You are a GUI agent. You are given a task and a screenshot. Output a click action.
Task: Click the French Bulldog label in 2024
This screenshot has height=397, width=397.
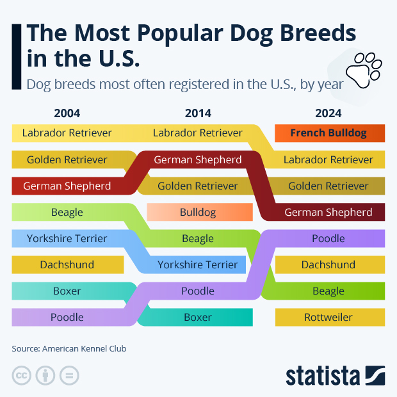[x=328, y=133]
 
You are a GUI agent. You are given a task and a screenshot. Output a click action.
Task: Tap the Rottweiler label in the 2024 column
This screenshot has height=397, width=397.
[x=328, y=317]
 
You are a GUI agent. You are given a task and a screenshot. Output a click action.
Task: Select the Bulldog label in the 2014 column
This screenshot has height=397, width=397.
[x=198, y=212]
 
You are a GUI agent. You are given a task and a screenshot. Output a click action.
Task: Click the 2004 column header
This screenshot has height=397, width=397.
[x=67, y=113]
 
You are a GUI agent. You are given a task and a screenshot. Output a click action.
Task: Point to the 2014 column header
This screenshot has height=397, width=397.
[x=198, y=113]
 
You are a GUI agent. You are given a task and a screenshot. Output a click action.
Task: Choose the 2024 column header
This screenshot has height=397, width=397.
[x=328, y=113]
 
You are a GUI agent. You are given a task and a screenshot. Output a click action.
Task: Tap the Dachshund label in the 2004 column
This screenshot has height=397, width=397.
[x=67, y=264]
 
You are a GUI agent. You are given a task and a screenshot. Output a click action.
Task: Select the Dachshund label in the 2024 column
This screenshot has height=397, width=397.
[x=328, y=264]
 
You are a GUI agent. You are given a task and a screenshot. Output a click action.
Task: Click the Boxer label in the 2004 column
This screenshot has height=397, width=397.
[x=67, y=291]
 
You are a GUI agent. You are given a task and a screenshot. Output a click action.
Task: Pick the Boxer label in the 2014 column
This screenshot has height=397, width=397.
[x=198, y=317]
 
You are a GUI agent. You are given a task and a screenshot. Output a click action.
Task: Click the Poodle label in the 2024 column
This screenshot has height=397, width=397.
[x=328, y=238]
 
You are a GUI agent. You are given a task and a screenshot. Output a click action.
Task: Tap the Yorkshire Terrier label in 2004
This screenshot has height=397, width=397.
[x=67, y=238]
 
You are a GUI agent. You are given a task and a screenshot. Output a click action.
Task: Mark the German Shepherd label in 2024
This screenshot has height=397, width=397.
[x=328, y=212]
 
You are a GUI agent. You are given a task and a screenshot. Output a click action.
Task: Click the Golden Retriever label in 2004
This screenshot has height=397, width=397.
[x=67, y=159]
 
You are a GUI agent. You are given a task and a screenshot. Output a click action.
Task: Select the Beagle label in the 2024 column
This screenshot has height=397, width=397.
[x=328, y=291]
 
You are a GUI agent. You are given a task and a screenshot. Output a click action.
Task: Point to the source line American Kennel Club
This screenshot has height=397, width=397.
[x=69, y=349]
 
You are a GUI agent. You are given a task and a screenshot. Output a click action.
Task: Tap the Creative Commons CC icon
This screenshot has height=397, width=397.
[x=22, y=375]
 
